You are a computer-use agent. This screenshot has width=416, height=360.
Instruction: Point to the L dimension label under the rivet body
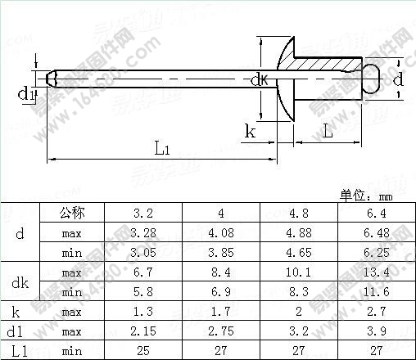coord(327,130)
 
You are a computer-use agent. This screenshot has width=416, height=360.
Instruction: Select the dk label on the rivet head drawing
coord(258,79)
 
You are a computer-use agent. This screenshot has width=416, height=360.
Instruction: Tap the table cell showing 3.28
coord(144,232)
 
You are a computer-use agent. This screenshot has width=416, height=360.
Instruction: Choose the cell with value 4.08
coord(221,232)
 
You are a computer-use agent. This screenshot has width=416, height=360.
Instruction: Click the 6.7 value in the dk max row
coord(144,272)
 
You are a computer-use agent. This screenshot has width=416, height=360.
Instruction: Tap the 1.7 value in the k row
coord(221,312)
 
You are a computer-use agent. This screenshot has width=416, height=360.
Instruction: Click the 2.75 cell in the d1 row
coord(221,331)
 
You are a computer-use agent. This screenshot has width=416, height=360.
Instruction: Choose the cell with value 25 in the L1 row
coord(144,351)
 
